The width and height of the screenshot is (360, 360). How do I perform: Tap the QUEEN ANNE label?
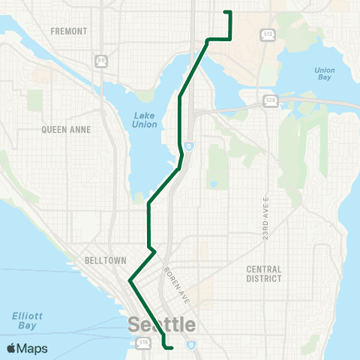click(x=66, y=130)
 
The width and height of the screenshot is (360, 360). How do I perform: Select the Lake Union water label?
click(x=145, y=119)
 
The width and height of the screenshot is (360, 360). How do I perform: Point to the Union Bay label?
click(x=325, y=74)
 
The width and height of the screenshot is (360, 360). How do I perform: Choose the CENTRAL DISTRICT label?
click(x=263, y=274)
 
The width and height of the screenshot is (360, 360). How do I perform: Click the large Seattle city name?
click(x=162, y=325)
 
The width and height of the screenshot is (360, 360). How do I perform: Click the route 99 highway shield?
click(x=100, y=59)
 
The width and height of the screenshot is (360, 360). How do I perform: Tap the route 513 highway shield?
click(x=268, y=34)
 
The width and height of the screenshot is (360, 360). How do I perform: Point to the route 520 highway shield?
click(x=270, y=99)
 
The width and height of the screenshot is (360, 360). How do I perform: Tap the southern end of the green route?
click(x=172, y=348)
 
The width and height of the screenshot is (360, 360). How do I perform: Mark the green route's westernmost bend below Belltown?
click(x=130, y=281)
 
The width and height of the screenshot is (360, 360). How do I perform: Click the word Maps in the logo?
click(x=33, y=348)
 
